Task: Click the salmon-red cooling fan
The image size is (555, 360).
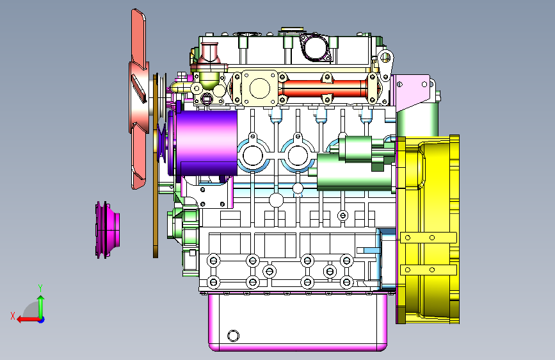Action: click(138, 99)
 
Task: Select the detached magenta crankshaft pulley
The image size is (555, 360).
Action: click(108, 229)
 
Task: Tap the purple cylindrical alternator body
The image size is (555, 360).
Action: click(206, 143)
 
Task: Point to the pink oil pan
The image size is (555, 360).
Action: click(298, 322)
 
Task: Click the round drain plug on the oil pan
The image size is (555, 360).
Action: click(233, 336)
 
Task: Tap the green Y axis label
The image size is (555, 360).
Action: click(40, 288)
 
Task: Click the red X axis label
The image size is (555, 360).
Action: click(13, 316)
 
